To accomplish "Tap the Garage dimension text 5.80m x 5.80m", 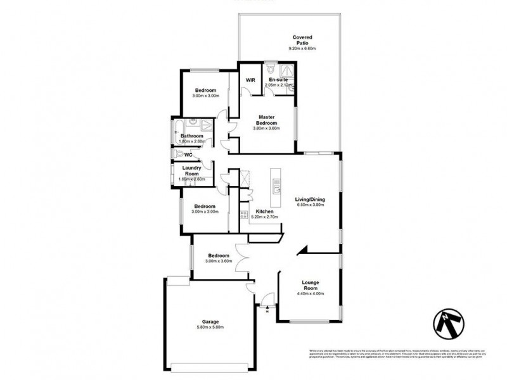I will point(210,327).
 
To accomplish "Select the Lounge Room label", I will point(310,285).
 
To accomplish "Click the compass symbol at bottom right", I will point(449,324).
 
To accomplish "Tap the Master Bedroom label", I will point(267,120).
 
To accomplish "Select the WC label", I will point(188,155).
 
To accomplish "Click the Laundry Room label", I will point(192,170).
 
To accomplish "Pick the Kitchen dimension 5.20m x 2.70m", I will point(265,217).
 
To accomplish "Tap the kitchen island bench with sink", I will point(275,186).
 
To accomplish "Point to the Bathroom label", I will point(191,136).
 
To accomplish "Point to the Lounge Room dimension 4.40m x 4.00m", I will point(310,294).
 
